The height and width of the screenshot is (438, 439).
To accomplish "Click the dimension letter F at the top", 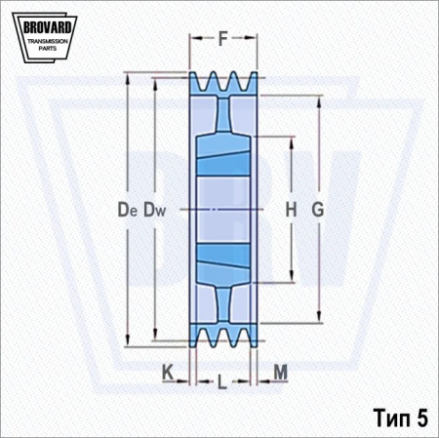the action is (x=222, y=39).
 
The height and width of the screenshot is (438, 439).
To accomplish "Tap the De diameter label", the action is (x=128, y=210).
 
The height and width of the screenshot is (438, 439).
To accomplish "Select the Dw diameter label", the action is (x=155, y=210).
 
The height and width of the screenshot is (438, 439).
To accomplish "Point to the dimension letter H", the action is (x=291, y=209).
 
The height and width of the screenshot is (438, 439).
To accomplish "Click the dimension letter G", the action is (x=318, y=209).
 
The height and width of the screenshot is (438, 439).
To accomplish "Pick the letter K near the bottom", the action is (x=168, y=372).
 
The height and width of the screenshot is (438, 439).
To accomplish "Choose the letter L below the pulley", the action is (x=221, y=381).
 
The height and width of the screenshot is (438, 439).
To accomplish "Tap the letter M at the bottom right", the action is (x=281, y=372).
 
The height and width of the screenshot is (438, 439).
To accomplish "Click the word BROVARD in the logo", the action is (x=48, y=27).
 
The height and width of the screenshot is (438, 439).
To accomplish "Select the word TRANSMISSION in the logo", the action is (x=48, y=41).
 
